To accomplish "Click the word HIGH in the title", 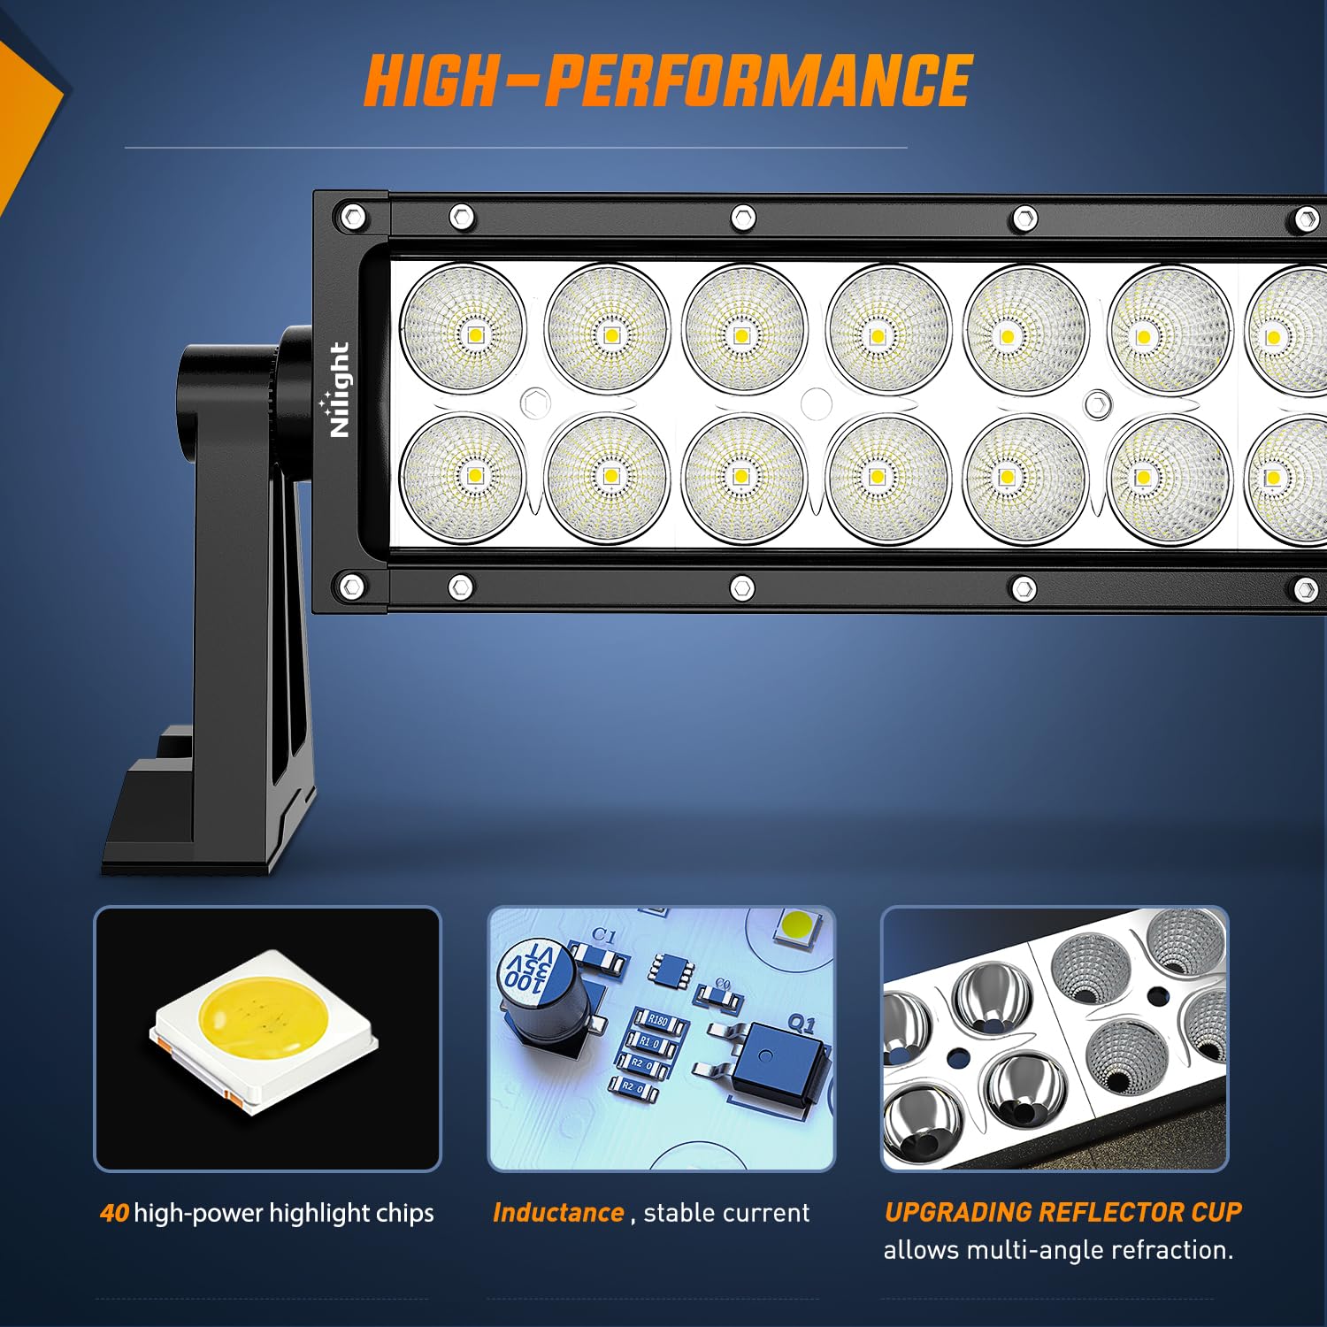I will [x=431, y=81].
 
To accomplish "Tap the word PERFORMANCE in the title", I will [x=758, y=81].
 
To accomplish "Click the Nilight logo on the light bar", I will [x=339, y=389].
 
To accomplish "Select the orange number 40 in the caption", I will [x=114, y=1213].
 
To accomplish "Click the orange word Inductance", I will [x=558, y=1213].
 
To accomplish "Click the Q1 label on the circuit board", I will [x=801, y=1024].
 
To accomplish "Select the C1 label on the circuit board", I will [x=604, y=935].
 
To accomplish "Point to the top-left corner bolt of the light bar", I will [x=352, y=216].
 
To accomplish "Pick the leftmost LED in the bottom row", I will [x=463, y=476].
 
